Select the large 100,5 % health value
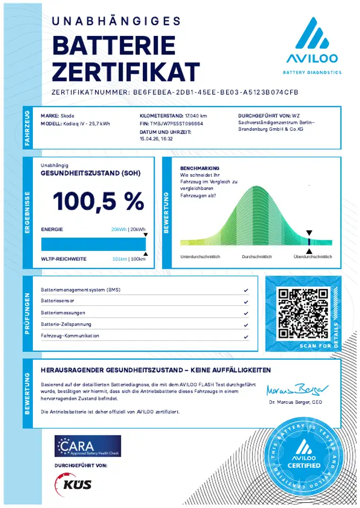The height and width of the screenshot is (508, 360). [98, 201]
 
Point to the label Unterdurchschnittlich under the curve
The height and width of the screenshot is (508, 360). [200, 257]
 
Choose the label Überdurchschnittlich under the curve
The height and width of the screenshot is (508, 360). [313, 257]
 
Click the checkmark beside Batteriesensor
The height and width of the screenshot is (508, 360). [246, 302]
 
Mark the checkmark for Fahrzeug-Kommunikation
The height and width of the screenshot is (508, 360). [246, 337]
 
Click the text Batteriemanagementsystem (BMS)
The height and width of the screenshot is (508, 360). [77, 291]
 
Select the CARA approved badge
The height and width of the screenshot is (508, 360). [88, 446]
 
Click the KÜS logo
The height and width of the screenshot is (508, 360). [74, 484]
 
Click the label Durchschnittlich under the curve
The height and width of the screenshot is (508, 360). [257, 257]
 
